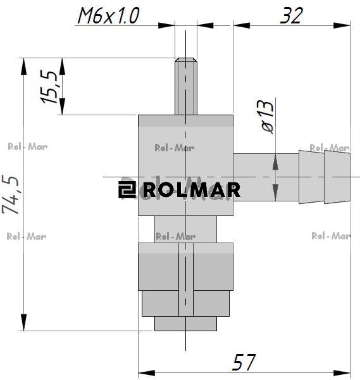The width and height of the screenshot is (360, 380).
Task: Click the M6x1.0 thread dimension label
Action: (x=108, y=15)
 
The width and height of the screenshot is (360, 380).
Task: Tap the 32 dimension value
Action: (x=292, y=15)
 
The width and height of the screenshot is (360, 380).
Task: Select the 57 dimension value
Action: (x=244, y=362)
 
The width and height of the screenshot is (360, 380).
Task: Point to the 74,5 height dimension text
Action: (x=10, y=194)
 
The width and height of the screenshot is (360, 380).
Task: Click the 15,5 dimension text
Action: (x=49, y=87)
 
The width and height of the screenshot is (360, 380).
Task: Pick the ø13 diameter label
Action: (x=268, y=117)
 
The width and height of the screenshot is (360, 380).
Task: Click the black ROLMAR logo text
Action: (x=192, y=190)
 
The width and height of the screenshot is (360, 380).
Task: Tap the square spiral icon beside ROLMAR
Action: (x=127, y=190)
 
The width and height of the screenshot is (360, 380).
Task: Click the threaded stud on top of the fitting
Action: (x=186, y=86)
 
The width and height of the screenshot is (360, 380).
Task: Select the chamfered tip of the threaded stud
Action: (x=186, y=60)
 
